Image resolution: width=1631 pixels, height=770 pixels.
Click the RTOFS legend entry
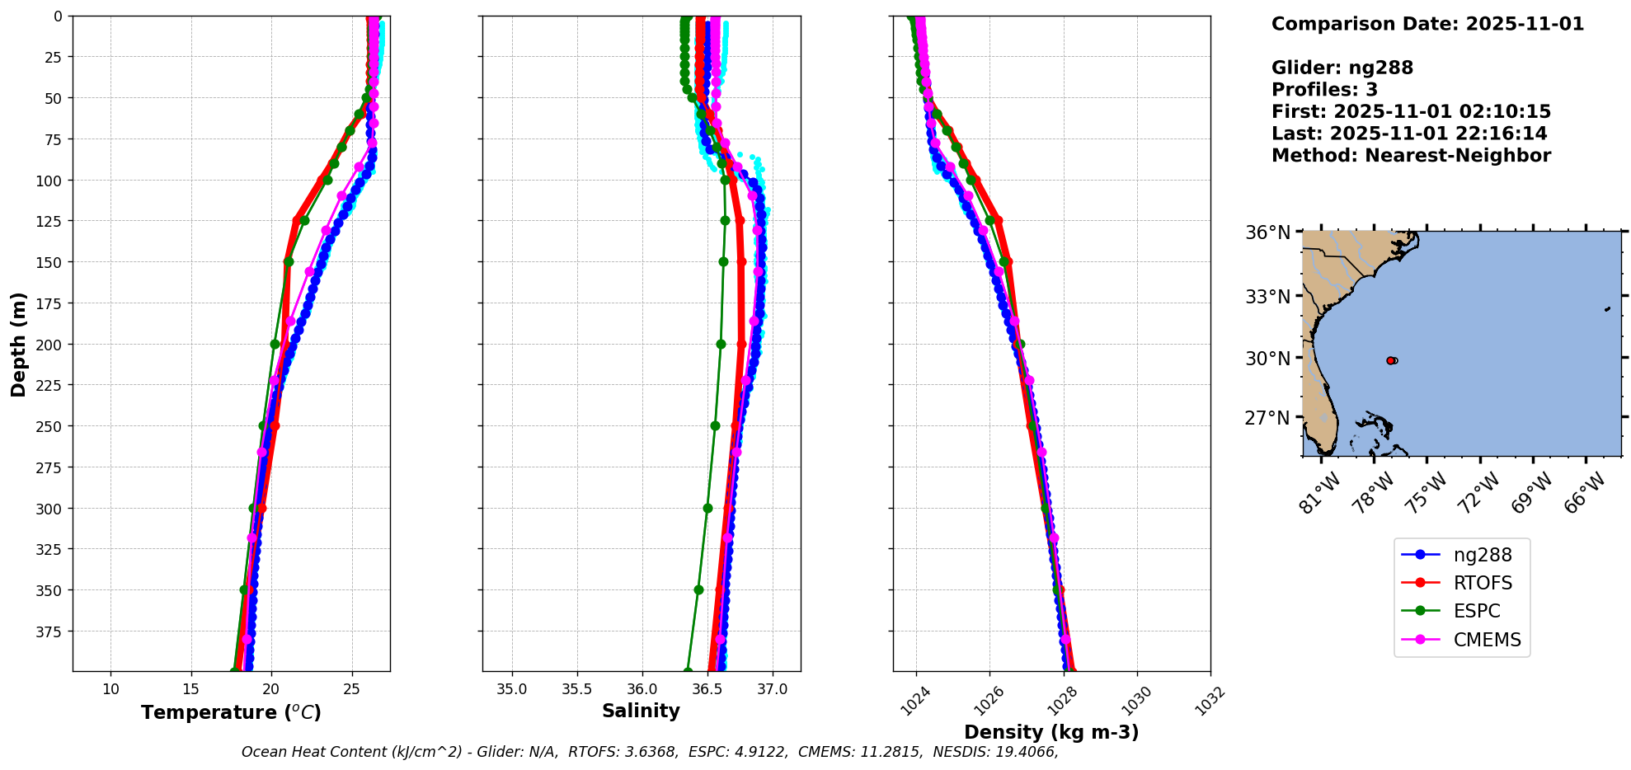pos(1482,584)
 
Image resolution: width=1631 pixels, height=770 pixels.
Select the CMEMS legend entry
pos(1487,640)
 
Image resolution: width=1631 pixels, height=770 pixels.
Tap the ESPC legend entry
pos(1476,612)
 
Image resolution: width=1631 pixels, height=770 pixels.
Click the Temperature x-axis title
pos(231,713)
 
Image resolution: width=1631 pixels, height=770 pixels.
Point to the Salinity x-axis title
pos(641,711)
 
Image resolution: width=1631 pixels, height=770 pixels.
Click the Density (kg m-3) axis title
pos(1051,732)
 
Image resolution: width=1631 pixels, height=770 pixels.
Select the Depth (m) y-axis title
pos(18,344)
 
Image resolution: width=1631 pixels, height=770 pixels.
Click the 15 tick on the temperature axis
pos(190,689)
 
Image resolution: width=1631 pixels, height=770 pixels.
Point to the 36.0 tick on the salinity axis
pos(642,689)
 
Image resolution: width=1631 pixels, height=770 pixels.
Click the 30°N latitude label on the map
pos(1267,359)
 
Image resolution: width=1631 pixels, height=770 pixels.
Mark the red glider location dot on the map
pos(1390,360)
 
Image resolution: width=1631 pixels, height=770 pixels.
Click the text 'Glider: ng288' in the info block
pos(1342,68)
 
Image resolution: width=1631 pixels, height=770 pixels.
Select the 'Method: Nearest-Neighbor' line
pos(1411,156)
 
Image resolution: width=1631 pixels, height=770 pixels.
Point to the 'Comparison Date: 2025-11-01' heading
pos(1427,25)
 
